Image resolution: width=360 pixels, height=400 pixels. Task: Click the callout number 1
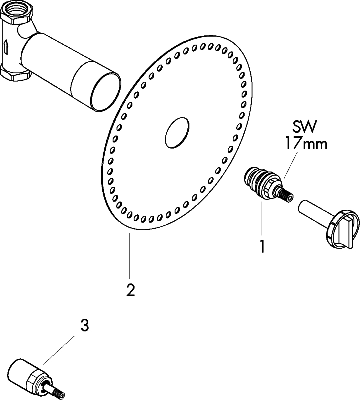tap(261, 246)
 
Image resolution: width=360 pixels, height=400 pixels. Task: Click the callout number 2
tap(130, 290)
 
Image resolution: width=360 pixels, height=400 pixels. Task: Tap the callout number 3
tap(84, 326)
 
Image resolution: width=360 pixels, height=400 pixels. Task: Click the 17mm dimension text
tap(306, 144)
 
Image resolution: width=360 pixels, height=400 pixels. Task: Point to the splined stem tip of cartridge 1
tap(289, 197)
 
